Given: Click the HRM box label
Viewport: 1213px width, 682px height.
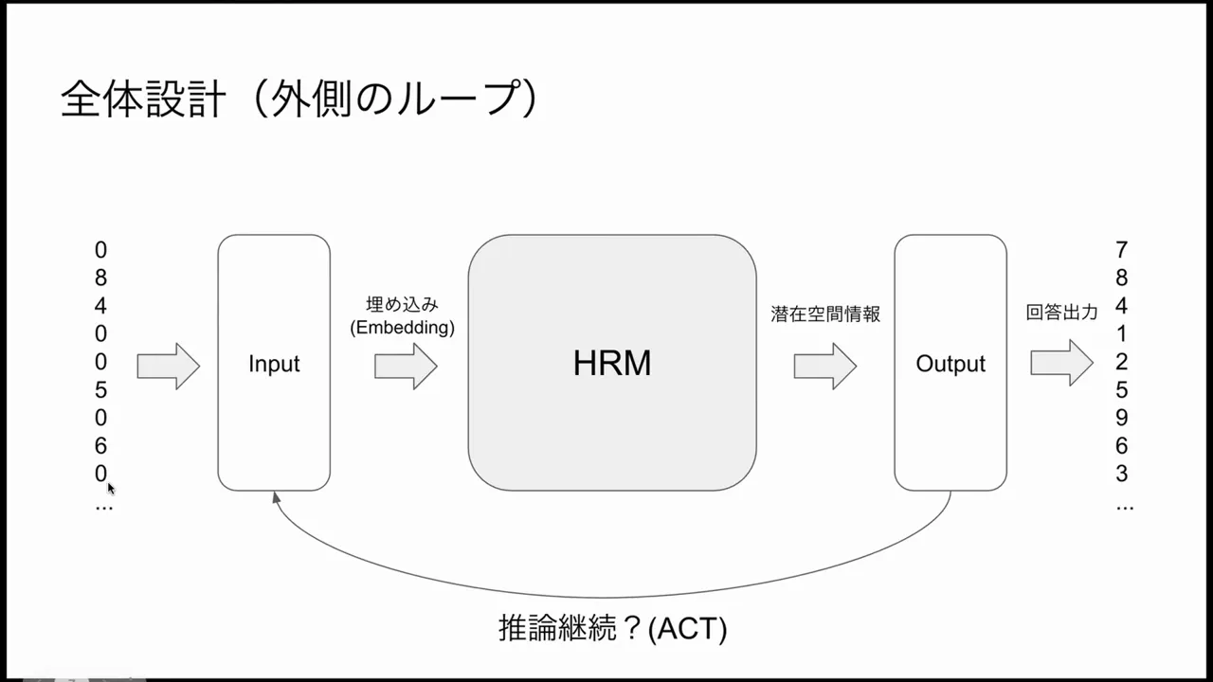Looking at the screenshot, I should (x=611, y=364).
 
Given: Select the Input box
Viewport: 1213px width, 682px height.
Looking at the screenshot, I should (x=274, y=364).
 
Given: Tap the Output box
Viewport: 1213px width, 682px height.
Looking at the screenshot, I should (x=950, y=364).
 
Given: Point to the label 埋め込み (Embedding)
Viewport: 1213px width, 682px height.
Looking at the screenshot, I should (x=403, y=316).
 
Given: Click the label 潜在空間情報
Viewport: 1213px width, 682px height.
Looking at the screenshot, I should (x=825, y=314).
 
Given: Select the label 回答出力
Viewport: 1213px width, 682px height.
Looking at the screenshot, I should (x=1061, y=313).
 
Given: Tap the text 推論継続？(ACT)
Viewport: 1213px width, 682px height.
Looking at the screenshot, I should (x=612, y=628).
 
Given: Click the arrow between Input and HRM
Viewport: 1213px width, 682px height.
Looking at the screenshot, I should (x=406, y=366).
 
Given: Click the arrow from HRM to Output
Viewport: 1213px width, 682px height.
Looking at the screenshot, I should (x=824, y=366).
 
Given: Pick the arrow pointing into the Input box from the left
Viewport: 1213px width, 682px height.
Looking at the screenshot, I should (x=168, y=366).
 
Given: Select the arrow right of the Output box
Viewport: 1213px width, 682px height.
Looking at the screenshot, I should (x=1061, y=363).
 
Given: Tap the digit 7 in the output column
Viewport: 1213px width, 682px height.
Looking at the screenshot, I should (x=1122, y=250).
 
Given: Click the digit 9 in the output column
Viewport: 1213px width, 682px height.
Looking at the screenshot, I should (x=1122, y=418).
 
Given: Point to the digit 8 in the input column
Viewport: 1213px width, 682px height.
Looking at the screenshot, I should (x=100, y=278).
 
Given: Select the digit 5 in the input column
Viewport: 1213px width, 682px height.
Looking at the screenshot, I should (x=100, y=390).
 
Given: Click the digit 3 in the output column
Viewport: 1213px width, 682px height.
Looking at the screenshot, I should (x=1122, y=474).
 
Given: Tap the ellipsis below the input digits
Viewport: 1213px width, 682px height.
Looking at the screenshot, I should (x=103, y=508).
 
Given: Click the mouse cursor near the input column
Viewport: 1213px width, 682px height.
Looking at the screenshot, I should (x=111, y=488).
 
